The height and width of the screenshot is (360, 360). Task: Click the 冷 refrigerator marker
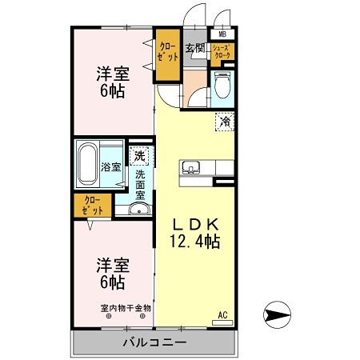[x=226, y=122]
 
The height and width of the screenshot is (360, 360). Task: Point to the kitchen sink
[x=190, y=167]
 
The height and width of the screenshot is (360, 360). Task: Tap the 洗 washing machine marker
[x=140, y=156]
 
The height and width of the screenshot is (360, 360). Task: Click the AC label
[x=222, y=315]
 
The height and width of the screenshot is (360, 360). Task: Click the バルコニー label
[x=154, y=342]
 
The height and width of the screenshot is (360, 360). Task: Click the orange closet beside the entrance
[x=167, y=54]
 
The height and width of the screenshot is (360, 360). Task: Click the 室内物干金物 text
[x=126, y=307]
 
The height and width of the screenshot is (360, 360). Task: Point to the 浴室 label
[x=111, y=167]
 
